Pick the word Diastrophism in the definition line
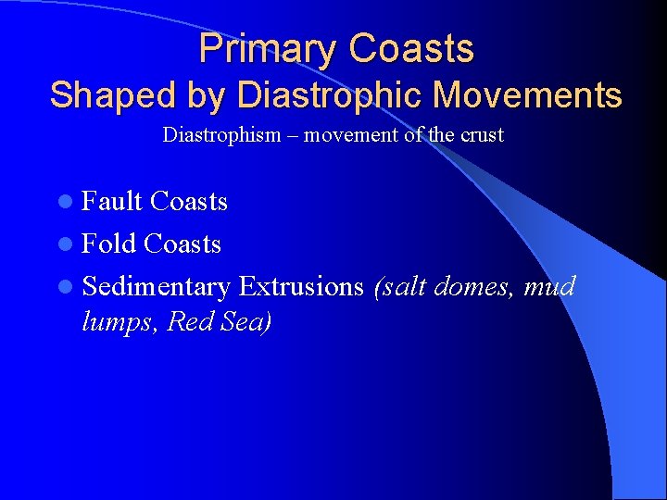(x=221, y=135)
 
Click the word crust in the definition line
(x=479, y=135)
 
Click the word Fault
(x=111, y=201)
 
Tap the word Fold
(x=108, y=244)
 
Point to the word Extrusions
(x=301, y=286)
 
